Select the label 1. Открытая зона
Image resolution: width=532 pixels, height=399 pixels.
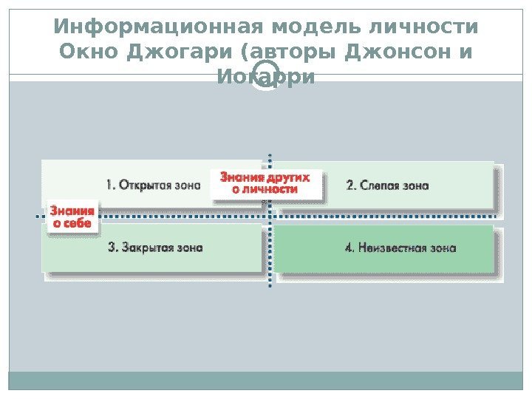pyautogui.click(x=153, y=185)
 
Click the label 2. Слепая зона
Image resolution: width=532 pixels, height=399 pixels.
pyautogui.click(x=387, y=185)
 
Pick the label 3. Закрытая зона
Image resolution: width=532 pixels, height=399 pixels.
pyautogui.click(x=155, y=248)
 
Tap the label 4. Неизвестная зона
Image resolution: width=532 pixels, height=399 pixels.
pyautogui.click(x=400, y=248)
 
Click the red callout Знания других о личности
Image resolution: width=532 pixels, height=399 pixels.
pyautogui.click(x=265, y=183)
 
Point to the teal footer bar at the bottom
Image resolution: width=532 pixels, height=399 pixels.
pyautogui.click(x=266, y=380)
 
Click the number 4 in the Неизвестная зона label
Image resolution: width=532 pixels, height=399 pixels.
pyautogui.click(x=349, y=248)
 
